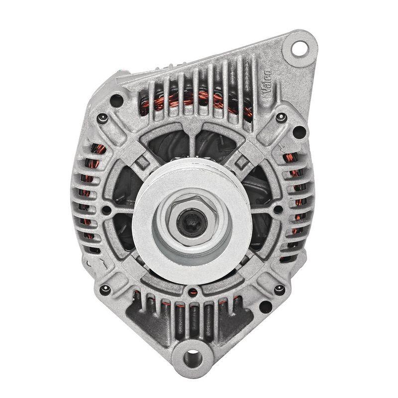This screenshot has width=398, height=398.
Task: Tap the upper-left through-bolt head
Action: (x=102, y=118)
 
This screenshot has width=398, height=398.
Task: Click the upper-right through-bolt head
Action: (x=280, y=118)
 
